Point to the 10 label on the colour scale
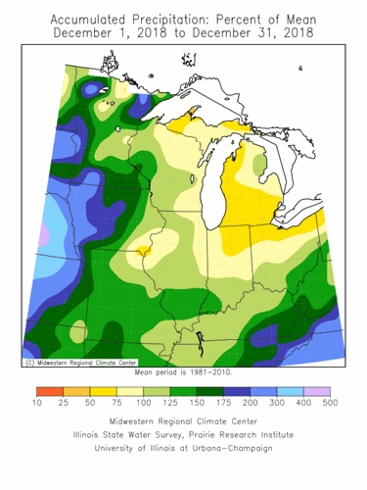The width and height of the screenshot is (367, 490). point(36,403)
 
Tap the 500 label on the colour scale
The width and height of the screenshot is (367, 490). point(329,403)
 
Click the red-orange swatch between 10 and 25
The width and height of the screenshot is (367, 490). point(49,390)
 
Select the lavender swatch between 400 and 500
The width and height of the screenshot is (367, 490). point(316,390)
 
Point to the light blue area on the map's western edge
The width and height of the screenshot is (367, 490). point(52,240)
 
